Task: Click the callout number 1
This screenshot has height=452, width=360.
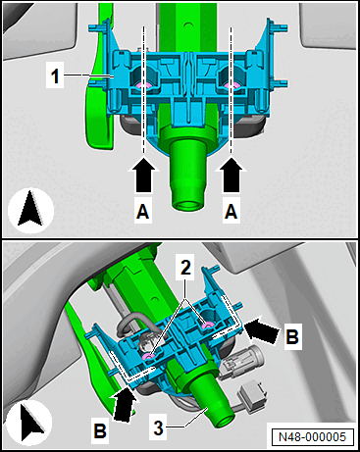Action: tap(55, 76)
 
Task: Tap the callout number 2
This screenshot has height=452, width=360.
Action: tap(185, 269)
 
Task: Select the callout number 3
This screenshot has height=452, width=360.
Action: tap(159, 427)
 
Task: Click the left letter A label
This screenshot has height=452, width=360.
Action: tap(143, 211)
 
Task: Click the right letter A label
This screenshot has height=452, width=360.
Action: tap(231, 211)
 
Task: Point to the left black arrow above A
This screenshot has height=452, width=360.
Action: tap(143, 175)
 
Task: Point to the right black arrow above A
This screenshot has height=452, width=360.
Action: tap(231, 175)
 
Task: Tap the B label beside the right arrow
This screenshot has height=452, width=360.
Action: tap(292, 336)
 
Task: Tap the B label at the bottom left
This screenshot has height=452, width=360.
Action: tap(100, 430)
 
